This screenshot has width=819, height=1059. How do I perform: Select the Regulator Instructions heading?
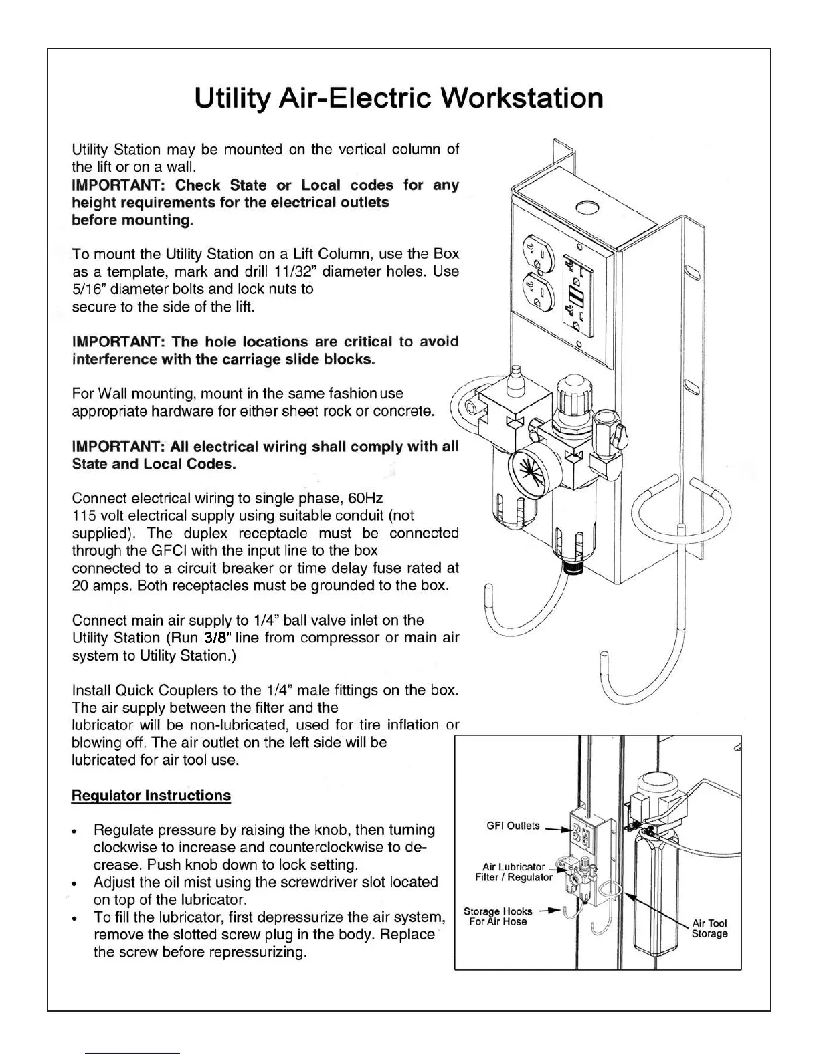[151, 796]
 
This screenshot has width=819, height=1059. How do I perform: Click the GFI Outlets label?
[513, 826]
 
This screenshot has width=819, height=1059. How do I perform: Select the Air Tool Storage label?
[709, 929]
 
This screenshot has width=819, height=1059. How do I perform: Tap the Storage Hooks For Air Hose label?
[498, 917]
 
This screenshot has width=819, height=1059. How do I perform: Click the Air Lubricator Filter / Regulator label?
[514, 872]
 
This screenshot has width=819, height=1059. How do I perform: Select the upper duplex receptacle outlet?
[541, 252]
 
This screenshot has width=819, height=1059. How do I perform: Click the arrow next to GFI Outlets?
[555, 830]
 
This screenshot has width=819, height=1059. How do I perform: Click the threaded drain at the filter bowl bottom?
[573, 568]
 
